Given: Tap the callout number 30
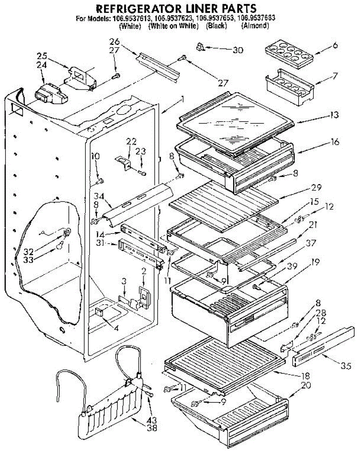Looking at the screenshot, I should coord(238,50).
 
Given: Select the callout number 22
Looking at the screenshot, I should coord(131,141).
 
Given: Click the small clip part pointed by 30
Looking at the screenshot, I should coord(200,47).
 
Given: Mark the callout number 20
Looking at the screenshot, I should coord(305,386).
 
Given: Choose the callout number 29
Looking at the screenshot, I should coord(316,187).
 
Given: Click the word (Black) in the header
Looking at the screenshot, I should coord(216,26).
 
